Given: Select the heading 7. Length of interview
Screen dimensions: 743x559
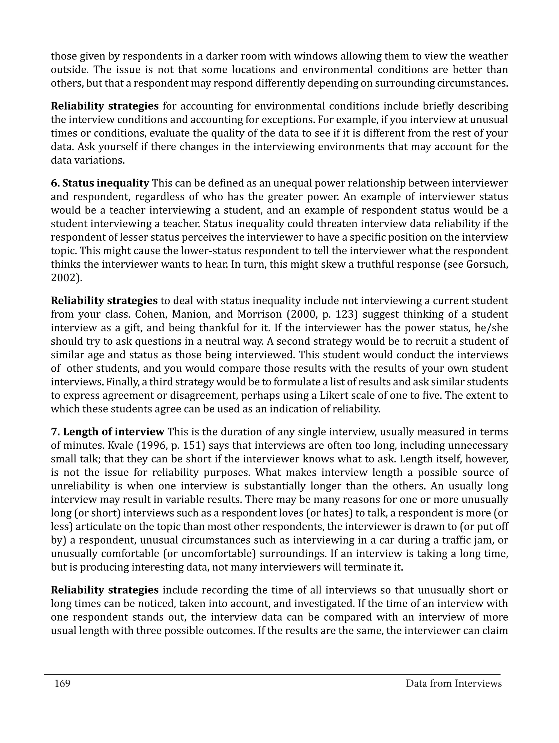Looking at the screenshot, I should pyautogui.click(x=108, y=432).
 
